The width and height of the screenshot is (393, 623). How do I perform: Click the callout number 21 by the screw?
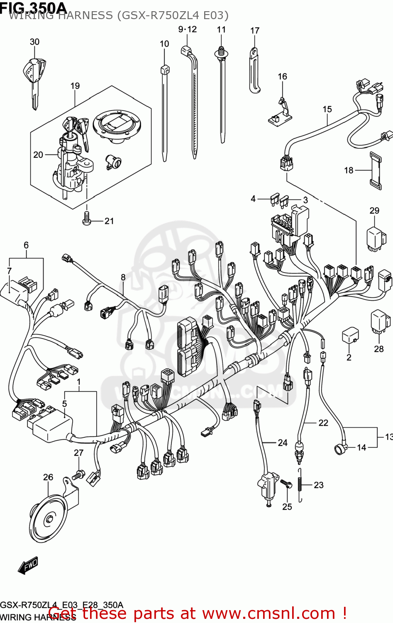[x=109, y=221]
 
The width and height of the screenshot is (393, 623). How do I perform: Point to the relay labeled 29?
[x=374, y=238]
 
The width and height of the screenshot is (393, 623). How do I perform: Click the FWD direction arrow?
[x=28, y=565]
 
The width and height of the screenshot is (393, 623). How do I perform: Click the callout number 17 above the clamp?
[x=255, y=31]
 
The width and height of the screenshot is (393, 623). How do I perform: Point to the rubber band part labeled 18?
[x=375, y=170]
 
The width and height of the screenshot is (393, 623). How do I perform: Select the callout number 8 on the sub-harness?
[x=123, y=277]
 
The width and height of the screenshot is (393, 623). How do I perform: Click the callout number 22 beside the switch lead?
[x=323, y=423]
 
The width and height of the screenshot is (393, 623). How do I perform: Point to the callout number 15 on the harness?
[x=327, y=109]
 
